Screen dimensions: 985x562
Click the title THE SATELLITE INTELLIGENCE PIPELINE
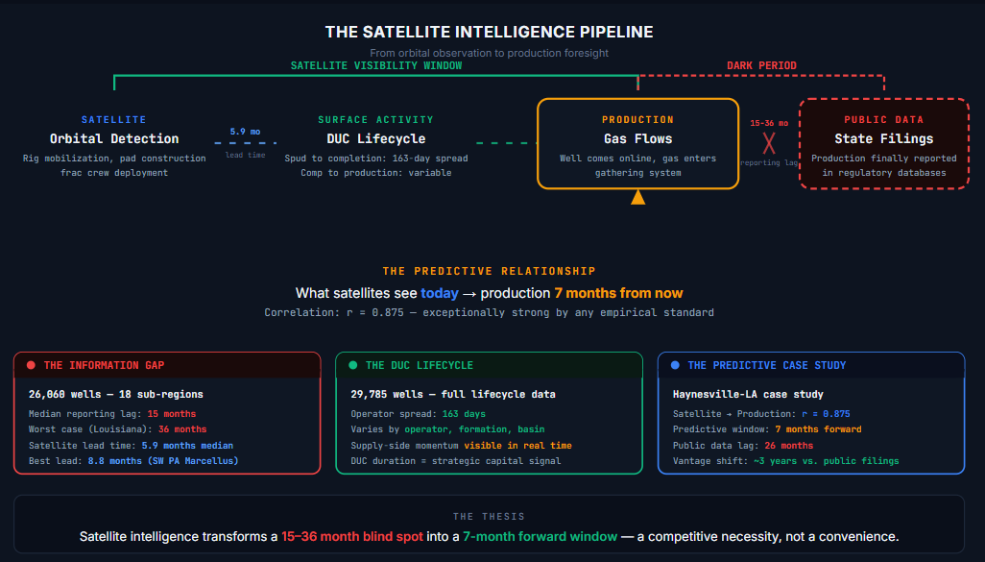(489, 32)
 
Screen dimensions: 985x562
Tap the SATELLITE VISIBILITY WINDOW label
(376, 65)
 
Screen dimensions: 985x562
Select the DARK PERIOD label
(761, 65)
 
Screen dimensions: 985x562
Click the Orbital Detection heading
(114, 139)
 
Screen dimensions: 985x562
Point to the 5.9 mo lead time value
(245, 132)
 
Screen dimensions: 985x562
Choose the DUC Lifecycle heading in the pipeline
(376, 139)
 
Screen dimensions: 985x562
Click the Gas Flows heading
(637, 139)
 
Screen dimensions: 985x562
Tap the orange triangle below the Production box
(638, 197)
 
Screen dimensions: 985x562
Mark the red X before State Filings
(769, 143)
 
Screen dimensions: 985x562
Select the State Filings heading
(884, 139)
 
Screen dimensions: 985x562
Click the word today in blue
(440, 294)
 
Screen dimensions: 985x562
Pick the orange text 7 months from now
(618, 294)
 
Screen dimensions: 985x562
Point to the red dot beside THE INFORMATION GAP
(31, 365)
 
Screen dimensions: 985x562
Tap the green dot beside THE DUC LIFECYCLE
(353, 365)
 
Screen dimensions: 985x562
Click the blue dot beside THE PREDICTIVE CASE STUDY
(675, 365)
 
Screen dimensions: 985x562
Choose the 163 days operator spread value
(464, 414)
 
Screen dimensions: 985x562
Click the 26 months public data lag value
(789, 446)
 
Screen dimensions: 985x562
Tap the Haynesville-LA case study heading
(748, 395)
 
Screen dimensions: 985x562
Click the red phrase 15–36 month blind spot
(352, 537)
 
